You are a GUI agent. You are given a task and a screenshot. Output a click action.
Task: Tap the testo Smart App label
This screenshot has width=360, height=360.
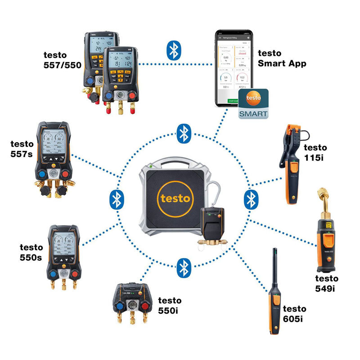282,58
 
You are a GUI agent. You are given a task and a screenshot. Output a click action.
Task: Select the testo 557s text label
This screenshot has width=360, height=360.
22,148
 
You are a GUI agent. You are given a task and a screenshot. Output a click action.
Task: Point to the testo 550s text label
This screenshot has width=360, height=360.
31,252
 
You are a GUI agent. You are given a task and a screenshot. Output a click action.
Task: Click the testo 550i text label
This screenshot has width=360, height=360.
170,305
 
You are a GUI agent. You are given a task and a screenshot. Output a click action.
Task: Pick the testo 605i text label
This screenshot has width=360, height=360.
294,314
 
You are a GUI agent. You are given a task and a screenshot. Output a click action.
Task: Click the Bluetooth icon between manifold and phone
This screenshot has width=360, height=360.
173,50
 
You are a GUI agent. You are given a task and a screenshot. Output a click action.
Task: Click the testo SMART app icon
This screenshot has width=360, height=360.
253,104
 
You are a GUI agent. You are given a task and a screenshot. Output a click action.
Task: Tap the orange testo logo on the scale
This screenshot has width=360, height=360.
175,198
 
